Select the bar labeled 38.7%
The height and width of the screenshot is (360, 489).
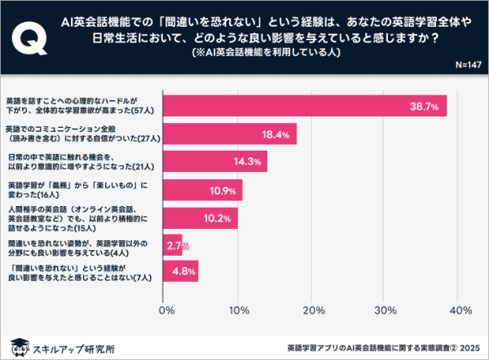click(x=306, y=106)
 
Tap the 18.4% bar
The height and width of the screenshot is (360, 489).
click(x=231, y=134)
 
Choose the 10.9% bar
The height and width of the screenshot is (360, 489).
click(x=205, y=190)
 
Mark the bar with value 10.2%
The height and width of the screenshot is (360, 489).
click(x=202, y=217)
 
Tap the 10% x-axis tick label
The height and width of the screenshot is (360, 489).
click(x=238, y=310)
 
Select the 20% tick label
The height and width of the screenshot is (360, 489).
click(x=311, y=310)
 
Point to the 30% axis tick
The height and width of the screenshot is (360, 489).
click(x=384, y=310)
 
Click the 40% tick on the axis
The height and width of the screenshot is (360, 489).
click(x=456, y=310)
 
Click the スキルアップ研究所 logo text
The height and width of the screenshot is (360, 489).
click(x=77, y=345)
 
